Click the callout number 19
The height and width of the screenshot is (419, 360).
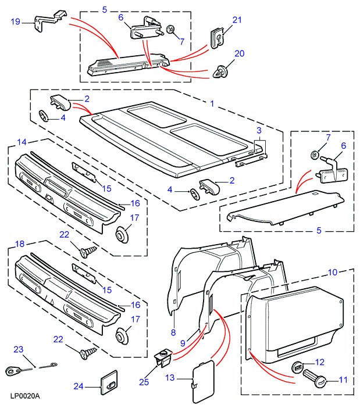[x=15, y=22]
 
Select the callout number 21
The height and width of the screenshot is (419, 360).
[x=236, y=20]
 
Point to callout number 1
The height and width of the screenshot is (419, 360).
[x=212, y=103]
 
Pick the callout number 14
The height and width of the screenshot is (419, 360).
[x=22, y=142]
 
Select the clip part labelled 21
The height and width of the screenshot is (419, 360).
[x=216, y=38]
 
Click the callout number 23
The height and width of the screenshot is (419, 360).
[x=19, y=350]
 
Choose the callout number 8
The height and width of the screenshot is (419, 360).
[x=173, y=332]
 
